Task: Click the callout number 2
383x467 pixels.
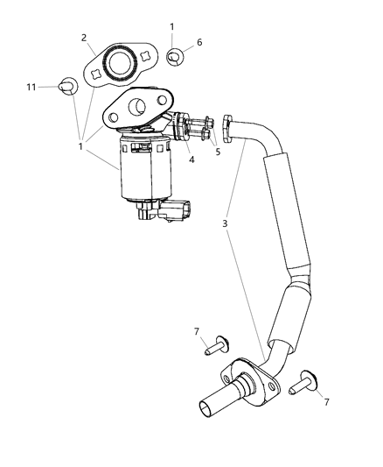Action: [84, 37]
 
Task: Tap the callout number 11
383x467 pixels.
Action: [31, 86]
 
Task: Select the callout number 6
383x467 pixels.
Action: [199, 42]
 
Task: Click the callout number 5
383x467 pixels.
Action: [217, 150]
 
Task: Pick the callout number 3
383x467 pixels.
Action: [225, 224]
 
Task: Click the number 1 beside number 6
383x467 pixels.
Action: [172, 27]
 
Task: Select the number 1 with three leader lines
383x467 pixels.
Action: [80, 146]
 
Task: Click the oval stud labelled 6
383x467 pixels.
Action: [176, 57]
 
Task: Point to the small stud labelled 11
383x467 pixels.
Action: [68, 86]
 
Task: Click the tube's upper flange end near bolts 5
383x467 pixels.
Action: [230, 128]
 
